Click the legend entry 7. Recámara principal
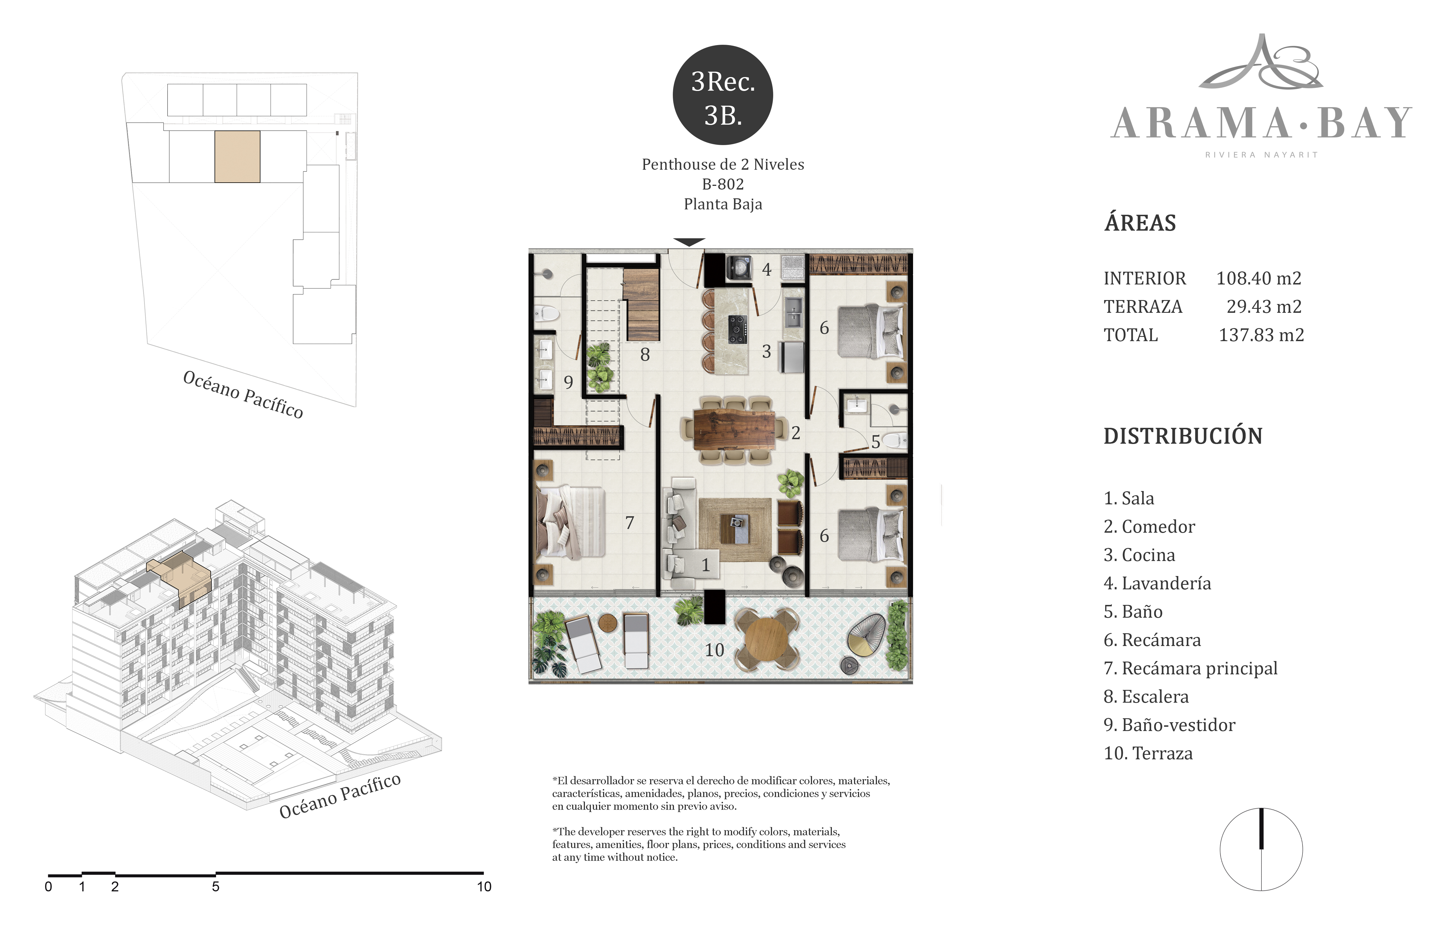pyautogui.click(x=1190, y=668)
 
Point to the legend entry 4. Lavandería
pyautogui.click(x=1157, y=583)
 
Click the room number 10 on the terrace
pyautogui.click(x=714, y=650)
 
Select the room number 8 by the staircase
pyautogui.click(x=645, y=354)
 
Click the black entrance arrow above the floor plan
pyautogui.click(x=689, y=242)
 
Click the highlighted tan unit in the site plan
pyautogui.click(x=238, y=157)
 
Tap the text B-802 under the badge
pyautogui.click(x=723, y=184)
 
